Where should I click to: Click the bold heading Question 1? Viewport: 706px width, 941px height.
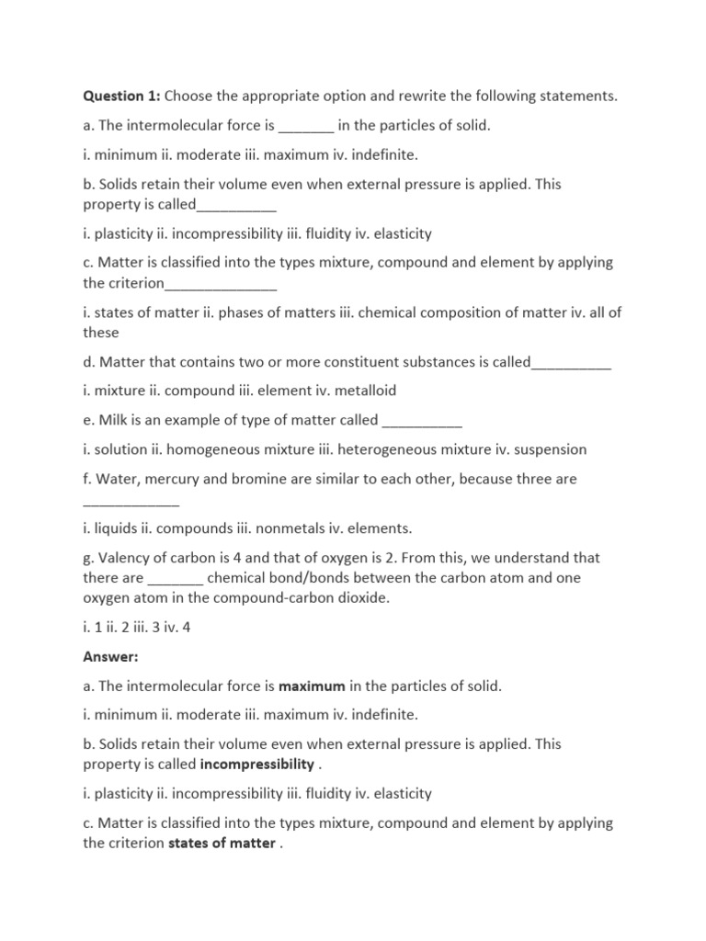pyautogui.click(x=122, y=96)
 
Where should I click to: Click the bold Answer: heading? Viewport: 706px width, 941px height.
pyautogui.click(x=110, y=657)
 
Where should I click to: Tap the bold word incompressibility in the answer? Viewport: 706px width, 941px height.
pyautogui.click(x=256, y=765)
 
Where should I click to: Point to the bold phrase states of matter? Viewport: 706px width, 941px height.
pyautogui.click(x=222, y=843)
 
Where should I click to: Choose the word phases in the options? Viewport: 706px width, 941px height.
pyautogui.click(x=240, y=312)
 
